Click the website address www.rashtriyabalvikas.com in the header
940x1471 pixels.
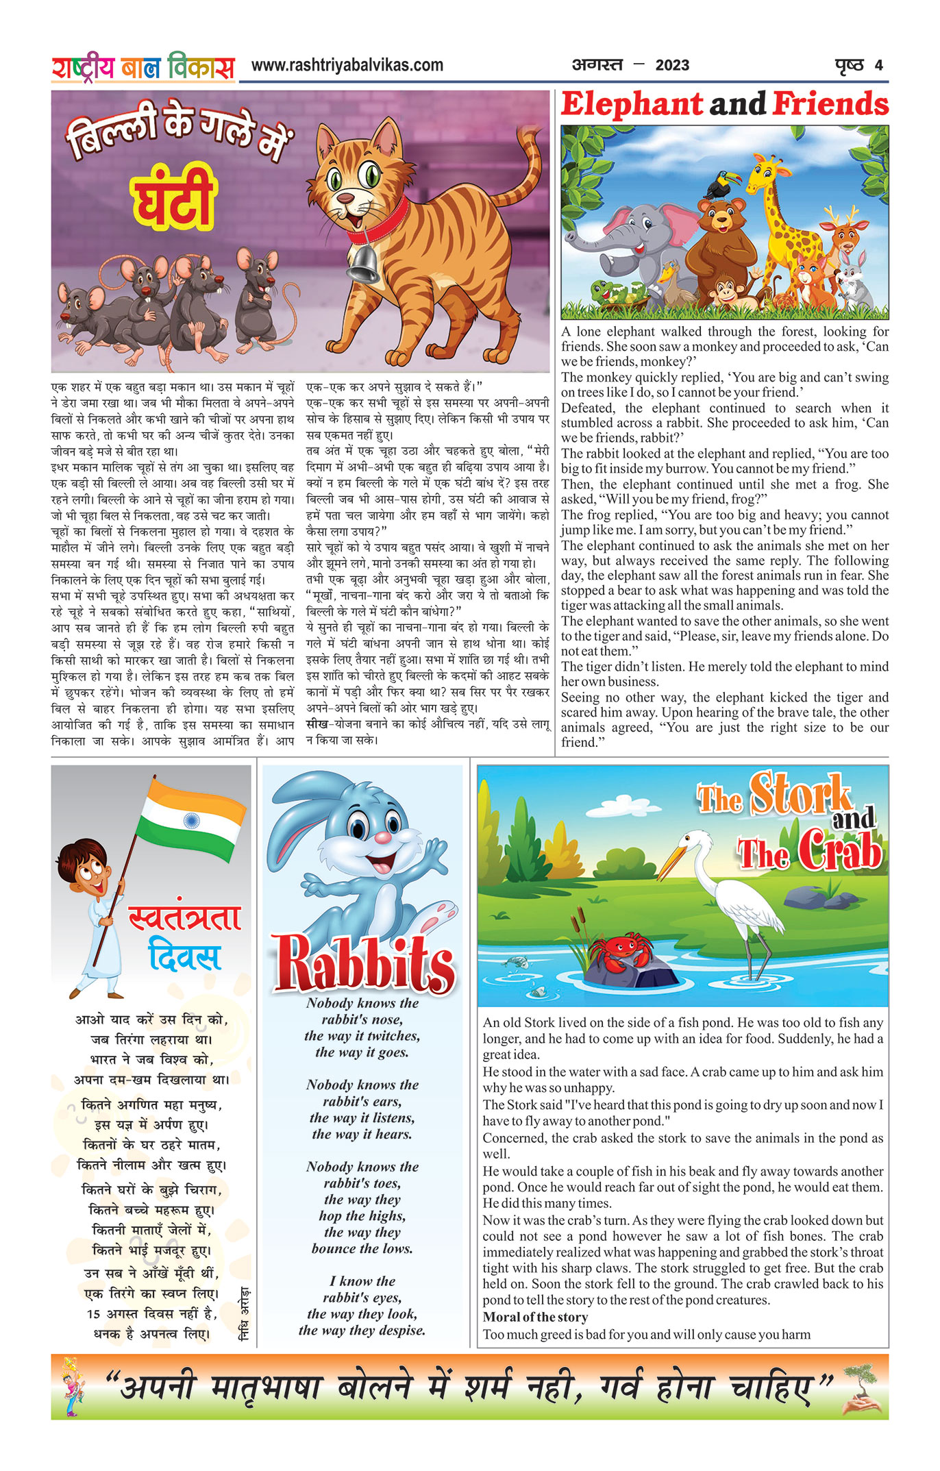coord(347,65)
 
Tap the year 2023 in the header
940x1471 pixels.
coord(671,66)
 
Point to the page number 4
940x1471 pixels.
coord(878,66)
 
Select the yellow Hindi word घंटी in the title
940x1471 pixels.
coord(174,201)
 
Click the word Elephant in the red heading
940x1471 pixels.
coord(631,105)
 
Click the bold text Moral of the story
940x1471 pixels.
coord(535,1317)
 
